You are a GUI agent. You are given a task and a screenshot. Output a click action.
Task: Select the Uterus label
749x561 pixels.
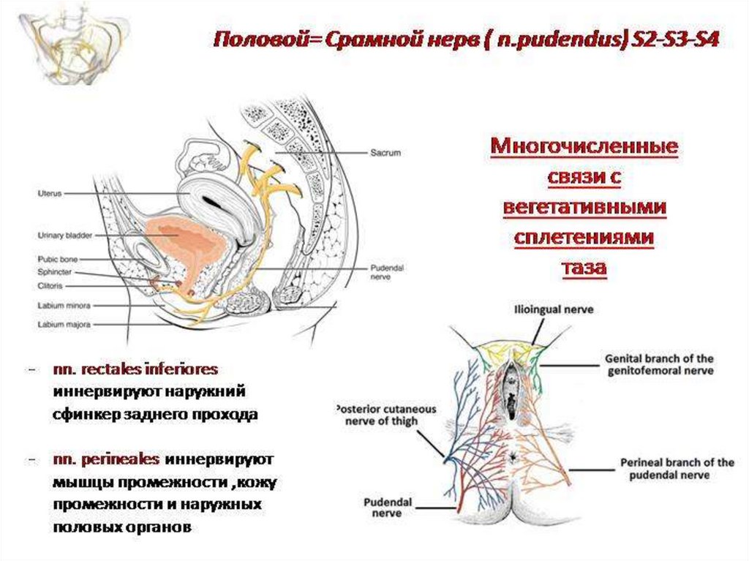(50, 193)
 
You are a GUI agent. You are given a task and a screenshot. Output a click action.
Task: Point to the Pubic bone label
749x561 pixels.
(59, 260)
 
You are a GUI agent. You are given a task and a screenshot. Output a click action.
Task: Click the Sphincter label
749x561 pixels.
(56, 271)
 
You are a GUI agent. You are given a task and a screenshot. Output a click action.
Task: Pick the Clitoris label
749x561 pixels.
(52, 284)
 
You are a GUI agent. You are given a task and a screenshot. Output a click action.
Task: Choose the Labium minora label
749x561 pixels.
(62, 305)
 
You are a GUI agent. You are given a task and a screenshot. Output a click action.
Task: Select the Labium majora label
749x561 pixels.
(62, 323)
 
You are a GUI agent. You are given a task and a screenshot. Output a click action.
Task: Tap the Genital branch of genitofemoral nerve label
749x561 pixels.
(658, 365)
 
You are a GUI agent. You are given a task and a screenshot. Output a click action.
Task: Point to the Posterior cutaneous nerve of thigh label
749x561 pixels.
(385, 415)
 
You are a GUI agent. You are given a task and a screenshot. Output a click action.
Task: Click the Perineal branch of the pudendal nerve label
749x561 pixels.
(677, 469)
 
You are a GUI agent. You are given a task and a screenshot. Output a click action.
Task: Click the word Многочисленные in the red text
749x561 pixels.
(584, 147)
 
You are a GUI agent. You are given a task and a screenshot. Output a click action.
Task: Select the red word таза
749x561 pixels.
(584, 268)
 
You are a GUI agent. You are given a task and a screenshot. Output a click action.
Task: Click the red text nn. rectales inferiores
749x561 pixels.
(135, 368)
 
